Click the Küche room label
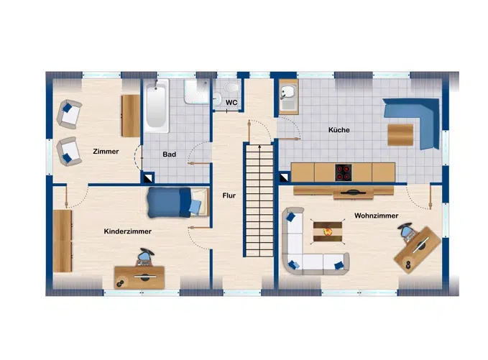[x=339, y=130]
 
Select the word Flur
[x=229, y=195]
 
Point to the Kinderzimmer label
[x=127, y=231]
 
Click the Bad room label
[x=170, y=154]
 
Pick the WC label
[x=231, y=103]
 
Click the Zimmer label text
[x=106, y=152]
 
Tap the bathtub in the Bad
[x=156, y=108]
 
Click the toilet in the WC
[x=231, y=88]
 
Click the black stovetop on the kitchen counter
[x=344, y=172]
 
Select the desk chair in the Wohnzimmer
[x=408, y=231]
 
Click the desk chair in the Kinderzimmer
[x=146, y=257]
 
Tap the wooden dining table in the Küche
[x=400, y=135]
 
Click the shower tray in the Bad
[x=195, y=93]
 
